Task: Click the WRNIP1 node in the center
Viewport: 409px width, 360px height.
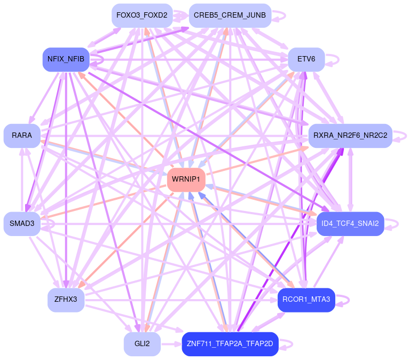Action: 186,179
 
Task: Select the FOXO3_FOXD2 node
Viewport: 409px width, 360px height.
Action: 142,15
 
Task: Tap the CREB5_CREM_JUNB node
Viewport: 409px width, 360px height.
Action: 230,15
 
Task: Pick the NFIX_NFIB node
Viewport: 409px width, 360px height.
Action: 66,59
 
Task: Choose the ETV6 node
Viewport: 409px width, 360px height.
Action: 306,59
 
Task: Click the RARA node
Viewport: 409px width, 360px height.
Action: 22,136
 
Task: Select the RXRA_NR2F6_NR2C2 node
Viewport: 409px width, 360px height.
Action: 350,136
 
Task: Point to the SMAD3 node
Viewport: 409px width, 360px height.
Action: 22,223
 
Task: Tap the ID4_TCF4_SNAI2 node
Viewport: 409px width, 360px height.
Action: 350,223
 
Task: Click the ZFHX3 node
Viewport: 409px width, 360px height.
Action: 66,300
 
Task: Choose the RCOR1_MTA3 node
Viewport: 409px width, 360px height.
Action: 306,300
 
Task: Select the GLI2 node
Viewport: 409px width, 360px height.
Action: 142,344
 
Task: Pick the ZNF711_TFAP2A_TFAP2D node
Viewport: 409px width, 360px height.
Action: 230,344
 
